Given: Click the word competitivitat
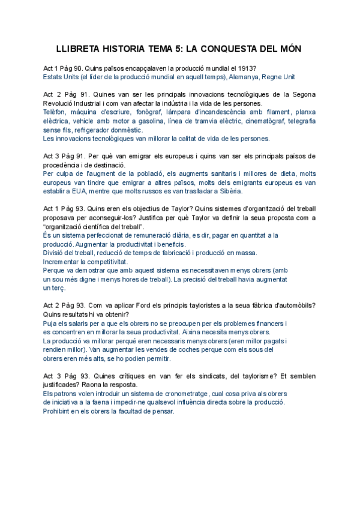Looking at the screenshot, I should (x=106, y=262).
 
